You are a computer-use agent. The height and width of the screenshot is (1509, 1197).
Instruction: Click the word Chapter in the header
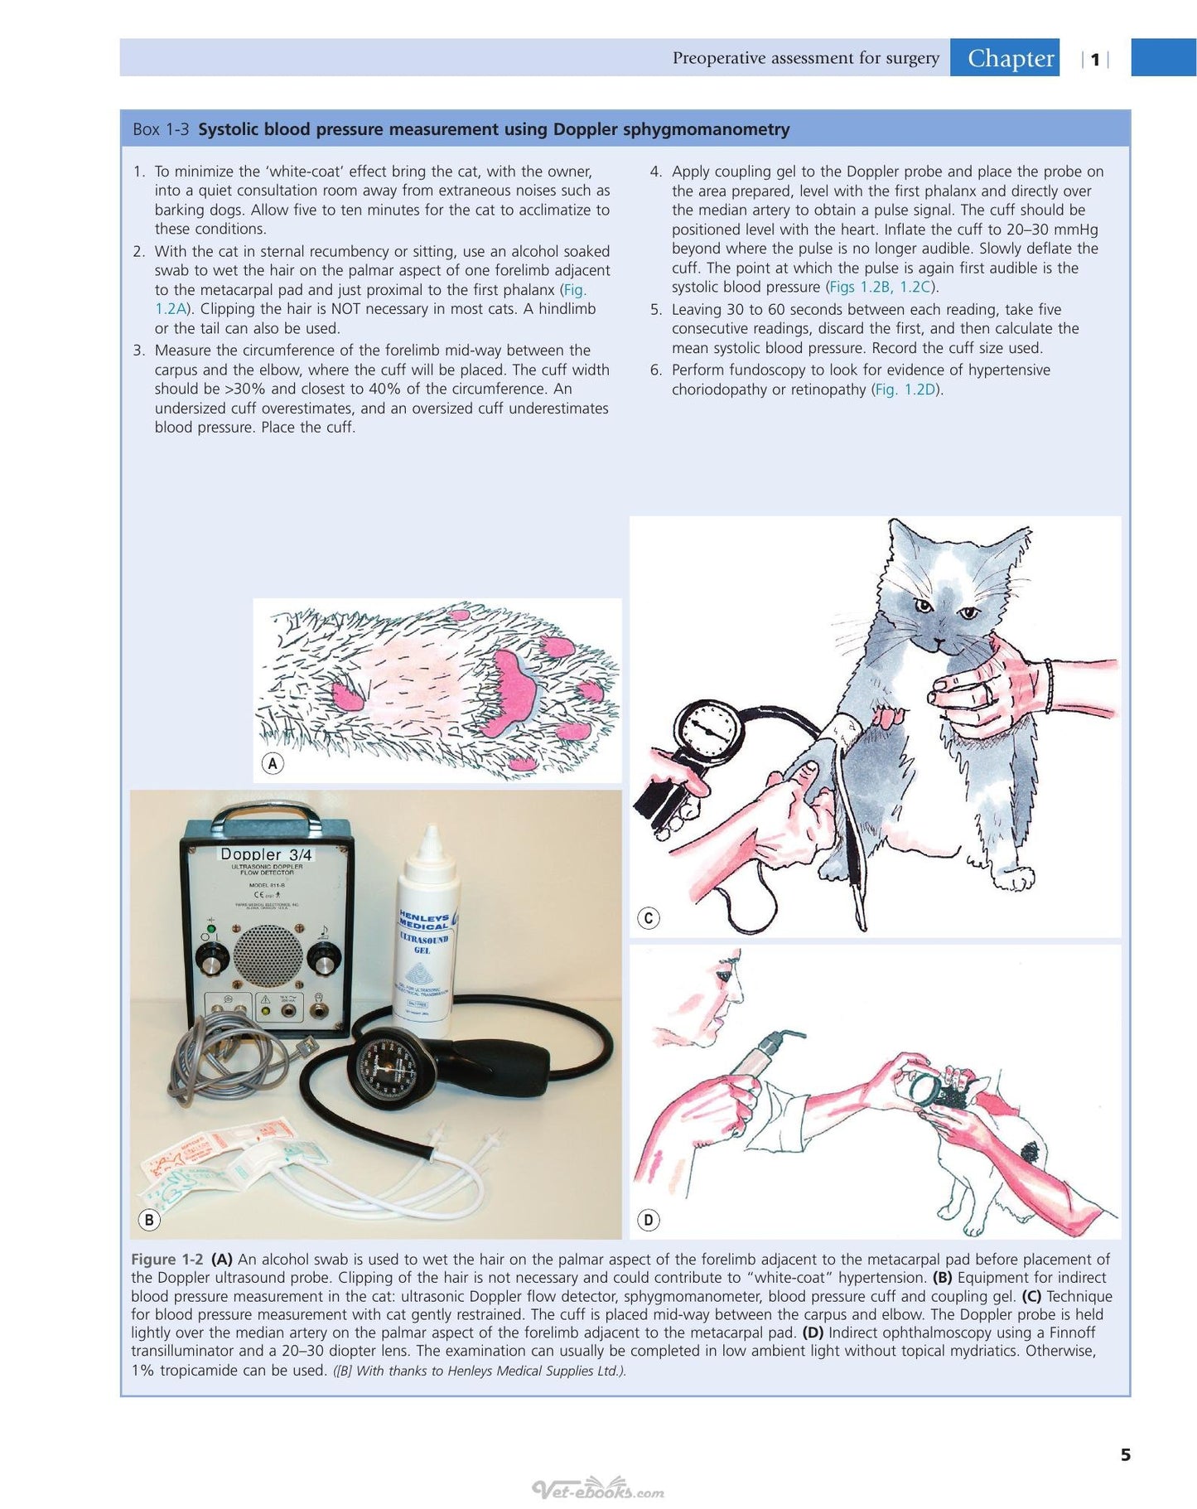pyautogui.click(x=1011, y=58)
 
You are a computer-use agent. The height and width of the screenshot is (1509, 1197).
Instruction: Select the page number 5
pyautogui.click(x=1125, y=1454)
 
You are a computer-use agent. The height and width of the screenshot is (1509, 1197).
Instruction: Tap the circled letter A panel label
pyautogui.click(x=273, y=763)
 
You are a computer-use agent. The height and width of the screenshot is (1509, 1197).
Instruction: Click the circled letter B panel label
pyautogui.click(x=149, y=1219)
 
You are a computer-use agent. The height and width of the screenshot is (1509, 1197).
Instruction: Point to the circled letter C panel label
pyautogui.click(x=649, y=917)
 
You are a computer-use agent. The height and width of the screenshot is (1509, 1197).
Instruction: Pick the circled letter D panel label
pyautogui.click(x=649, y=1219)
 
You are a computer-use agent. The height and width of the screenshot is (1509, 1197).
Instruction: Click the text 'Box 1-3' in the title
pyautogui.click(x=161, y=129)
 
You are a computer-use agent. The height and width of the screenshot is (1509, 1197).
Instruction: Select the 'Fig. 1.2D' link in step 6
pyautogui.click(x=907, y=389)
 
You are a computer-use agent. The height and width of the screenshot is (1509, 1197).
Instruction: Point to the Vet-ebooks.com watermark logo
pyautogui.click(x=598, y=1490)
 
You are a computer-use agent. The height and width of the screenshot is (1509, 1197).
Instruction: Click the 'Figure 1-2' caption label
pyautogui.click(x=167, y=1259)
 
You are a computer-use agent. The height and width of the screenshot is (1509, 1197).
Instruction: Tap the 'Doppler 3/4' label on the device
pyautogui.click(x=266, y=854)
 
